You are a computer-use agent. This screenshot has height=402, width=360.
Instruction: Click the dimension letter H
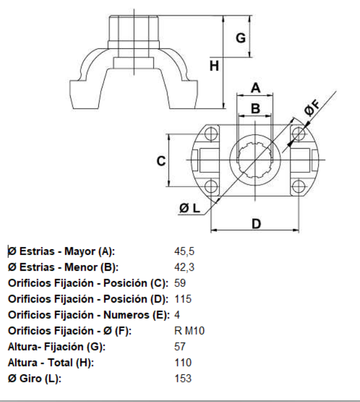[x=214, y=66]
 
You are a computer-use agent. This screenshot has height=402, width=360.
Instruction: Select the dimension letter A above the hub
[x=255, y=88]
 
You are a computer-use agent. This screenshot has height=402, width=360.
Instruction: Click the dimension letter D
[x=255, y=223]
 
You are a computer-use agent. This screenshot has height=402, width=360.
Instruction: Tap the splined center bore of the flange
[x=255, y=160]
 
